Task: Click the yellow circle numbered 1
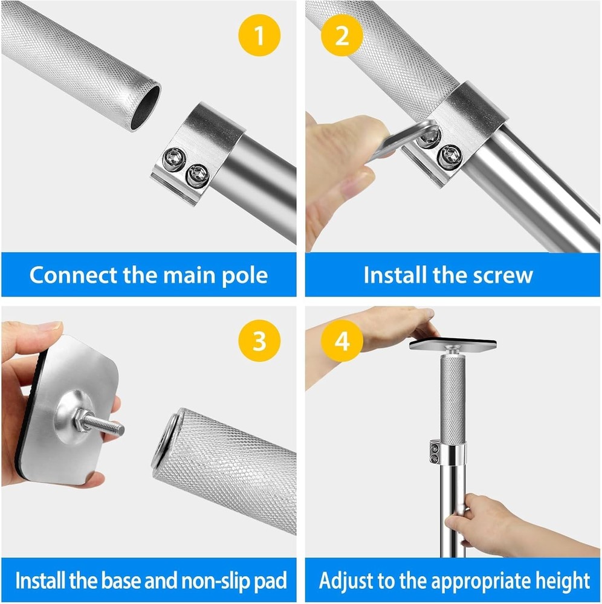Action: pos(259,36)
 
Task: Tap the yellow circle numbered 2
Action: pos(342,36)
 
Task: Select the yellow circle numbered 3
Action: pos(259,341)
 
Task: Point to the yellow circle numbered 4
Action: pos(342,341)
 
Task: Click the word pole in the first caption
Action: pos(242,275)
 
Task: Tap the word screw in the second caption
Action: pos(503,275)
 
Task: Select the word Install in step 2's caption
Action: pos(396,275)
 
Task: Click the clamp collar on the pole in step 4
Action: pos(448,454)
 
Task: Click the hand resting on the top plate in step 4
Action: pos(387,326)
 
